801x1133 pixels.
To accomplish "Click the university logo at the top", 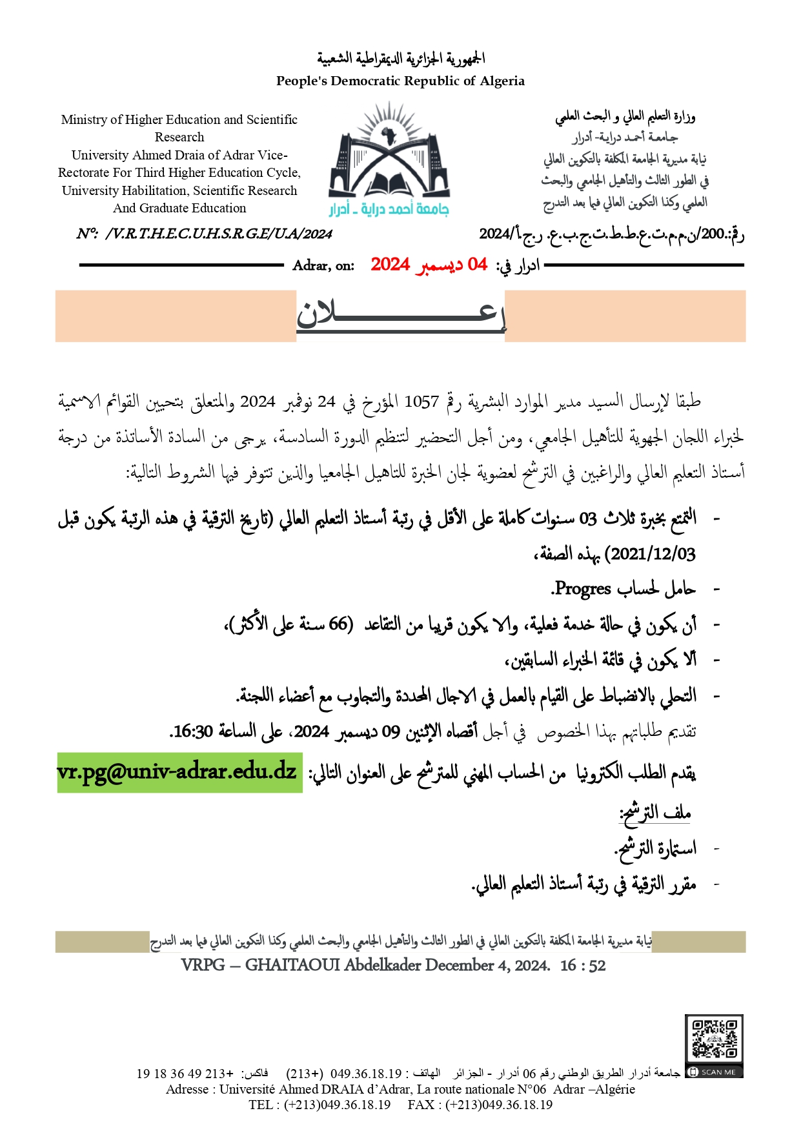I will click(389, 158).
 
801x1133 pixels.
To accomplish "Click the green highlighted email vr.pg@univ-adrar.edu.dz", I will click(177, 772).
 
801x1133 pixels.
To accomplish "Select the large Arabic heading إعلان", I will click(400, 315).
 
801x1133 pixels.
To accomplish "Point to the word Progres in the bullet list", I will click(583, 589).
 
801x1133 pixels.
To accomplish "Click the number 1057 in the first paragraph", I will click(421, 402).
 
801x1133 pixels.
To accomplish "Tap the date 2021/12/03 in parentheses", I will click(653, 553).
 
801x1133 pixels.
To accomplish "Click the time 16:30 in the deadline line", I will click(192, 731).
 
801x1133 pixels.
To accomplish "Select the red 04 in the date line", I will click(477, 264).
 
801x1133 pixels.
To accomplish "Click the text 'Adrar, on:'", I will click(323, 265).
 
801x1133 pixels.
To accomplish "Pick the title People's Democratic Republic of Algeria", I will click(400, 81).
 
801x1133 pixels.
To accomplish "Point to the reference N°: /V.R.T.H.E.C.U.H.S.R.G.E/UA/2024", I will click(204, 234).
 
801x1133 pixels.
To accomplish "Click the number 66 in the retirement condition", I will click(338, 624).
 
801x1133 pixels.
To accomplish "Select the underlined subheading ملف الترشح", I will click(655, 813).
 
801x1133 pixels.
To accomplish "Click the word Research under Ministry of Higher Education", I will click(179, 137).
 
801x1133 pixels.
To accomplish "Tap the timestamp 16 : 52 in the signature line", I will click(583, 965).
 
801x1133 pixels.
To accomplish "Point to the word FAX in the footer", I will click(420, 1105).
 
